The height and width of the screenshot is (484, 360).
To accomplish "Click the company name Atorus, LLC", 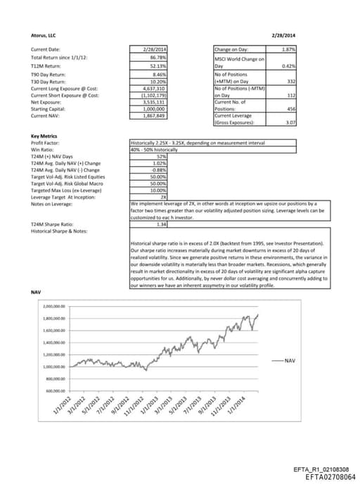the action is click(44, 34).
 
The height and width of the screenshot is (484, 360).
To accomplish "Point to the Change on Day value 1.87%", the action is click(288, 49).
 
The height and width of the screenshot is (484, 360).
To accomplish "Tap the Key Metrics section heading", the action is click(44, 136).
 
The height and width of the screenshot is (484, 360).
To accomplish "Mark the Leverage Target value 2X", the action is click(162, 198).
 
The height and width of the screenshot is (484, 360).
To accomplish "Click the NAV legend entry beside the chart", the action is click(289, 359).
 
